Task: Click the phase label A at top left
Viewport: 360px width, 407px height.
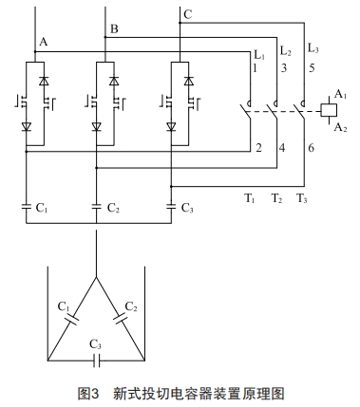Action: point(43,42)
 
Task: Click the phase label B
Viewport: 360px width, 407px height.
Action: point(114,29)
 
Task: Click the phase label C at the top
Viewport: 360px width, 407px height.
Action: point(188,13)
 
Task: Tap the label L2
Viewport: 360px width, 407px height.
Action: point(284,46)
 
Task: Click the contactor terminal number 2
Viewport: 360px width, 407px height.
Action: point(258,148)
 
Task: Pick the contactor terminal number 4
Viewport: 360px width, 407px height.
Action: point(282,148)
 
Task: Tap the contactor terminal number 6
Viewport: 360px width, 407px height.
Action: point(309,148)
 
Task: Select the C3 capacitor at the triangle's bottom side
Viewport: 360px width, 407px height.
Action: point(96,361)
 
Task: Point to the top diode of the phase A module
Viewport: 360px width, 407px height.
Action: point(42,81)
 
